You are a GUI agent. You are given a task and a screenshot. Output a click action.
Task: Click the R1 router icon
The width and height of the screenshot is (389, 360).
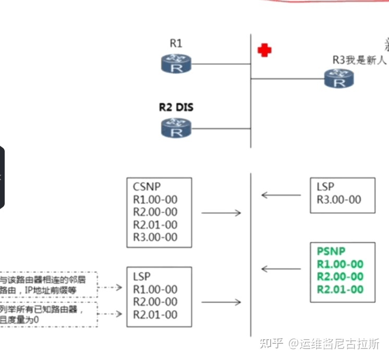176,64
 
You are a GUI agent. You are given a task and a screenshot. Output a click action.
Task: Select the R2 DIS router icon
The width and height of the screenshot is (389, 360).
176,128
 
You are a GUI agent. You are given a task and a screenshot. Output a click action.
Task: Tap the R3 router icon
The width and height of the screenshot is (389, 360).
339,79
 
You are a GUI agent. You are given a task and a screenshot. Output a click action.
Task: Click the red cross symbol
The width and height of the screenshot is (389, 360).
264,50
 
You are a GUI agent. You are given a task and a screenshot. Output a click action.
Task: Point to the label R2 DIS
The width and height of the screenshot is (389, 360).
176,108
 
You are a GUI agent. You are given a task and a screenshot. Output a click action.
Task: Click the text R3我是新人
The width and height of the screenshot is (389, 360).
359,60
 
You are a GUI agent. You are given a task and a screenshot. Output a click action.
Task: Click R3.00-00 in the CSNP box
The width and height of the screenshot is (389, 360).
155,237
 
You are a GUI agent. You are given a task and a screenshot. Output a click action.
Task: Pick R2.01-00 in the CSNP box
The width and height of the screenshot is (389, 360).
155,225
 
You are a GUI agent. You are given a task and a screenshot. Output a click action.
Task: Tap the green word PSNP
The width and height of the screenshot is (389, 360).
331,251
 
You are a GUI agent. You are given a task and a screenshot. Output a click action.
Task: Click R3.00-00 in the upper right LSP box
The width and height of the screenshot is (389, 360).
338,199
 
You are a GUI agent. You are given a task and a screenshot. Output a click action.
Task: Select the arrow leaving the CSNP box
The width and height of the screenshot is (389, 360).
221,213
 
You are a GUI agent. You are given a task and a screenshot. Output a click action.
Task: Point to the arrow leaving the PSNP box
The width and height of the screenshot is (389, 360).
281,269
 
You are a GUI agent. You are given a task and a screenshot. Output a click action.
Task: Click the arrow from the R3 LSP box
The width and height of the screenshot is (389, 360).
281,195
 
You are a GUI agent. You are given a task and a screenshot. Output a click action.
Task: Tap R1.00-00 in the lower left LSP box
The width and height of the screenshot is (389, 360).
155,289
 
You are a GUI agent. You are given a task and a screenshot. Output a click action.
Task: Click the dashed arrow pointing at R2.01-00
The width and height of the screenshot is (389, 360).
111,314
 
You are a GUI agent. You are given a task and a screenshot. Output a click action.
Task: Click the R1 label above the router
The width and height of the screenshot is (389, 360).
176,44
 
